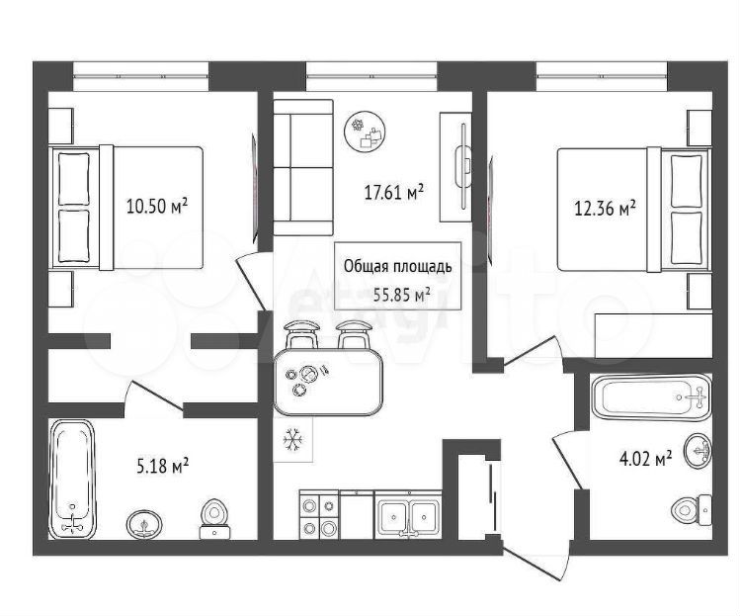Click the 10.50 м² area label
(x=157, y=207)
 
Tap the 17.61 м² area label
(x=393, y=192)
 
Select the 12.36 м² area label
(x=605, y=208)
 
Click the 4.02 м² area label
(x=645, y=459)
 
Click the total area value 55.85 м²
(x=402, y=296)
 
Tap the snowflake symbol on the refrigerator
(x=292, y=440)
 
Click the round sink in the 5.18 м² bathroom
(x=144, y=524)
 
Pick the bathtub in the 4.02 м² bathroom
(x=651, y=397)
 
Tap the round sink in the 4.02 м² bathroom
(x=698, y=450)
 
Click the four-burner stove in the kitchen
(x=319, y=514)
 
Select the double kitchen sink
(x=408, y=515)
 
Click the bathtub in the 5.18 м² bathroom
(x=72, y=478)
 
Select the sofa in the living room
(x=303, y=168)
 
